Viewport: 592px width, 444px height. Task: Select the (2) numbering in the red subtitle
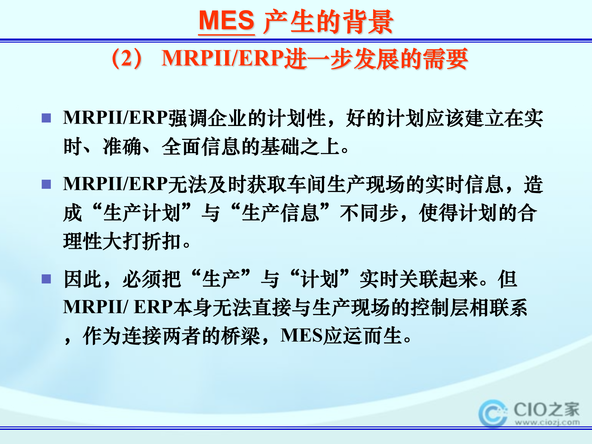point(127,59)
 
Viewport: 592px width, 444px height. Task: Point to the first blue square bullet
point(46,118)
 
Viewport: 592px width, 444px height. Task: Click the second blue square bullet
point(46,184)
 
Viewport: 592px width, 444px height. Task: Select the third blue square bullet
point(46,279)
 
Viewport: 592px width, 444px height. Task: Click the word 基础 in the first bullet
point(280,146)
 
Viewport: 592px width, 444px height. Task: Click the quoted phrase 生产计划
point(142,213)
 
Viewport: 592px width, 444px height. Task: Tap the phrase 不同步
point(369,213)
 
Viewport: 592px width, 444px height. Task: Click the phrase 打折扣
point(151,241)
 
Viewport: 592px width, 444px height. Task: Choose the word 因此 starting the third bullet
point(83,279)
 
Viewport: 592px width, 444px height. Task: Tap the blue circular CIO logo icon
point(493,413)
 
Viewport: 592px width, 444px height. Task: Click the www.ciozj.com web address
point(547,422)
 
